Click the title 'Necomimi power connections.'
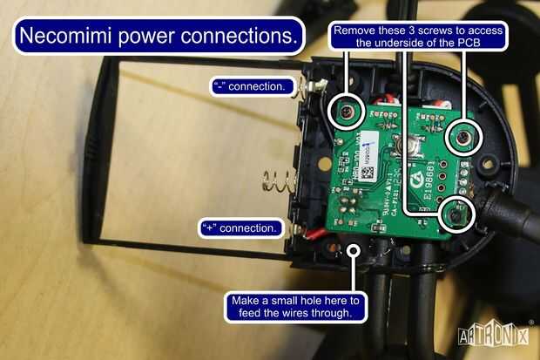[x=157, y=37]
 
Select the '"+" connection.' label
[x=240, y=228]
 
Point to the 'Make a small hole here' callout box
[x=297, y=306]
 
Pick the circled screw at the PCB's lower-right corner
[x=456, y=213]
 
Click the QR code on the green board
[x=368, y=173]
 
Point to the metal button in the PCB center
[x=399, y=145]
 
